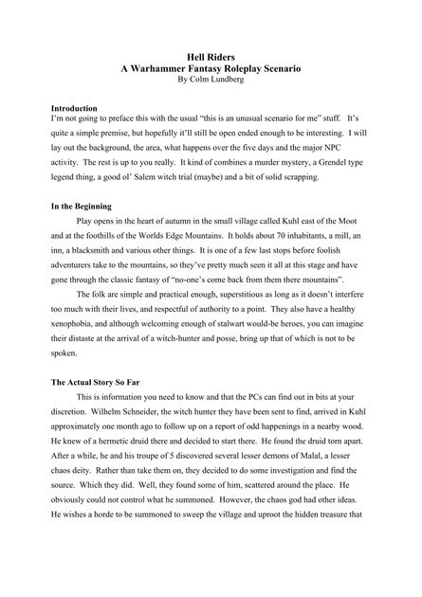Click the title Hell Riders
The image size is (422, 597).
[x=211, y=58]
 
